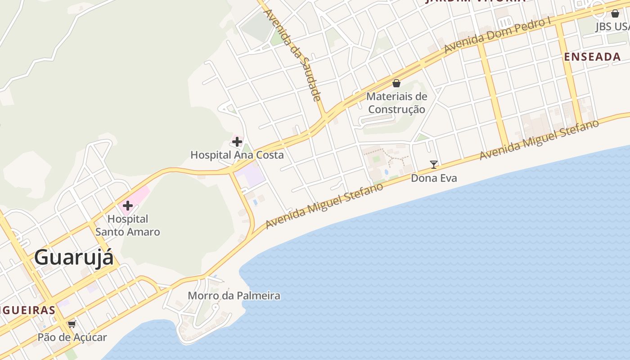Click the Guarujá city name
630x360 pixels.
coord(74,258)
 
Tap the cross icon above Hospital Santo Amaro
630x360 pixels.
coord(128,206)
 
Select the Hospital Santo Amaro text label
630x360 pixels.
coord(128,225)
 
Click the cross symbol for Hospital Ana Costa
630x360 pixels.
coord(237,142)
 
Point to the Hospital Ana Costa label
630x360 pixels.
coord(237,155)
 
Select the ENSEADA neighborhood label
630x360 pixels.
coord(593,57)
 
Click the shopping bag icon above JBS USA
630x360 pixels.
coord(615,13)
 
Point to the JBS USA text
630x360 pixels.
coord(612,27)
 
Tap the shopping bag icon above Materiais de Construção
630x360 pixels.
coord(396,83)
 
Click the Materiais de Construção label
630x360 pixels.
coord(396,103)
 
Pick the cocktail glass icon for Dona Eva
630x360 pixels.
coord(434,165)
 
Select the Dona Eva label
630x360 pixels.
coord(434,178)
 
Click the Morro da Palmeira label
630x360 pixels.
coord(234,296)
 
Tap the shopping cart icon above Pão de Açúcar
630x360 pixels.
coord(72,324)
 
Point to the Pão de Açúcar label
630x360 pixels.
coord(72,337)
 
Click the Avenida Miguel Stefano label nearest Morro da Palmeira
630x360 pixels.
coord(324,205)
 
